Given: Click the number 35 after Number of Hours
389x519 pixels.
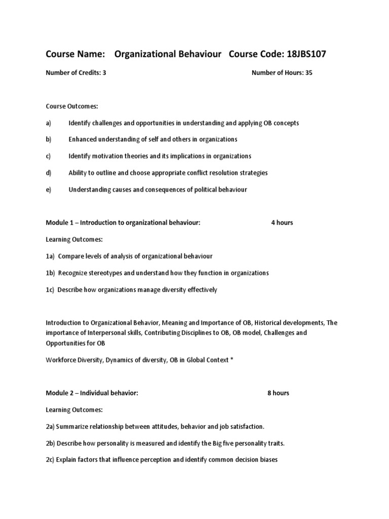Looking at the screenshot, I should [309, 72].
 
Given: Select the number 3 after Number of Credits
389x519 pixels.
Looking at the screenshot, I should [104, 72].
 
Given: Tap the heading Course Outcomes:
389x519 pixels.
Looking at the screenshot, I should [71, 106].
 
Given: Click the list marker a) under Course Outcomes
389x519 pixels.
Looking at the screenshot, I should [49, 123].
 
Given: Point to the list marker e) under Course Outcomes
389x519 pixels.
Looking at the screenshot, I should [49, 190].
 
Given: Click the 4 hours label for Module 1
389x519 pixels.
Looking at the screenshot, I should [282, 223].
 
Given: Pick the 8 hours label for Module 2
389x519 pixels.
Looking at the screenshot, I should [279, 393].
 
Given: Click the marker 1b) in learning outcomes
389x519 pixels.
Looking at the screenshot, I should [50, 273].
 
